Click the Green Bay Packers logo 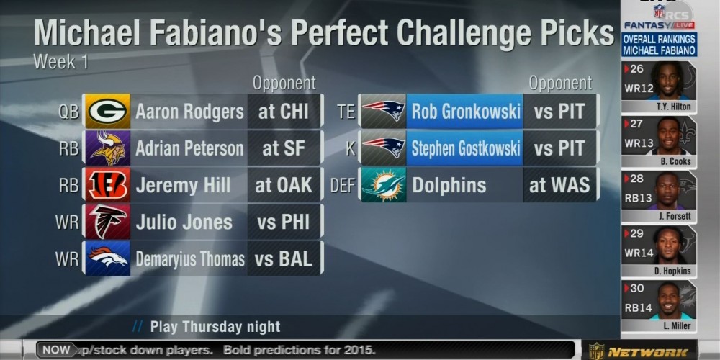click(x=107, y=111)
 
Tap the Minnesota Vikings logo click(x=107, y=148)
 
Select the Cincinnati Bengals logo click(x=107, y=185)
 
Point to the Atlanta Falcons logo click(x=107, y=222)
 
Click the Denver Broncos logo click(x=107, y=258)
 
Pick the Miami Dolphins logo click(x=383, y=185)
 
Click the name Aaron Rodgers click(x=189, y=112)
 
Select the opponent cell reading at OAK click(x=284, y=185)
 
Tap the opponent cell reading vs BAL click(x=284, y=258)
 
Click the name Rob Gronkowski click(x=466, y=112)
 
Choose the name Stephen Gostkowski click(x=466, y=148)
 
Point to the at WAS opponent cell click(x=559, y=185)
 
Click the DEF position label click(x=343, y=185)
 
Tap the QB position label click(x=68, y=112)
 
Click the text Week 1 click(x=60, y=62)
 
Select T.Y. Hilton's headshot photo click(x=668, y=81)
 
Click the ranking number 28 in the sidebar click(x=636, y=179)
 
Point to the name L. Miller click(x=676, y=326)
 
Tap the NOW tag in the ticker click(x=56, y=350)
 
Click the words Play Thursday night click(x=215, y=327)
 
